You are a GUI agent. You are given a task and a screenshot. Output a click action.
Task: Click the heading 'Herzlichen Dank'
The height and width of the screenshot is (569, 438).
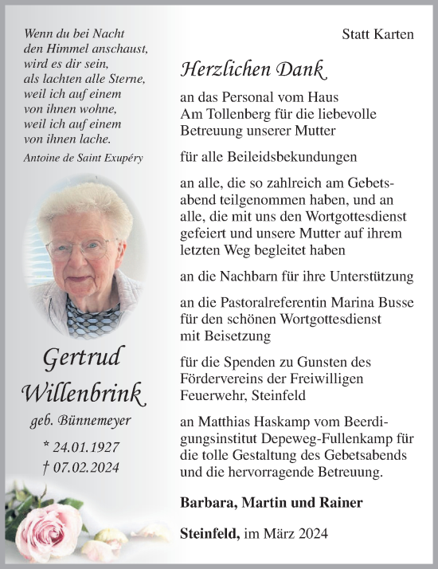pos(253,70)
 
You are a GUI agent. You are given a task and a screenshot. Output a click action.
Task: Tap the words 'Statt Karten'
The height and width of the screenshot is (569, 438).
pos(377,34)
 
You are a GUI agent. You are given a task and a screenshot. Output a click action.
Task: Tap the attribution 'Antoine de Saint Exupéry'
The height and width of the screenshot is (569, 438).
pos(84,158)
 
